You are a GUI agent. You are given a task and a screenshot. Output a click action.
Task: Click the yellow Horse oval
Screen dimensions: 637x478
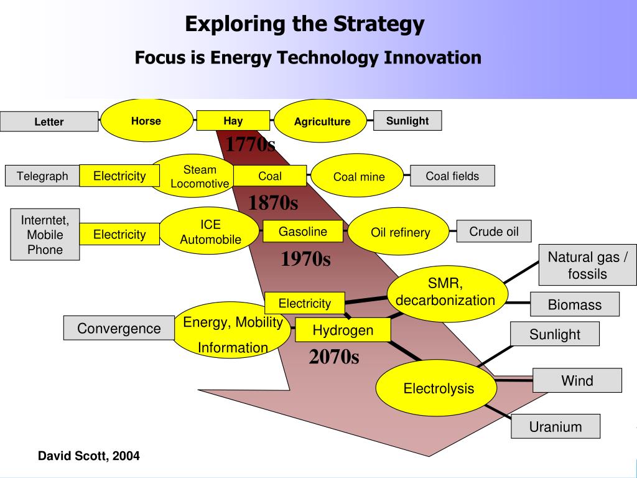click(146, 121)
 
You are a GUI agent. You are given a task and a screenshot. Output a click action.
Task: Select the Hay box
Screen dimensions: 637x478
click(233, 120)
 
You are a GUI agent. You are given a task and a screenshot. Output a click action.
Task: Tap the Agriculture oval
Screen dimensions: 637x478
click(322, 121)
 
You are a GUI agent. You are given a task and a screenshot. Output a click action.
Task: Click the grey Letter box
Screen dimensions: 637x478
click(49, 121)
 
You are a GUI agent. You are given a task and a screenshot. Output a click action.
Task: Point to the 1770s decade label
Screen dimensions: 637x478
click(249, 144)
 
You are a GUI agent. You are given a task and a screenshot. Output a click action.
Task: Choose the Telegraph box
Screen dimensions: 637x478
click(42, 176)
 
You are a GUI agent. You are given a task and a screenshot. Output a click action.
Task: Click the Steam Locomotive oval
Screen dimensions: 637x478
click(199, 176)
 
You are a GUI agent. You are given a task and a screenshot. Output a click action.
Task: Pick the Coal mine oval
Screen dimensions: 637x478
click(359, 177)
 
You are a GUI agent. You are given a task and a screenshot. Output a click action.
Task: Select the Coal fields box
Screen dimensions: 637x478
click(452, 176)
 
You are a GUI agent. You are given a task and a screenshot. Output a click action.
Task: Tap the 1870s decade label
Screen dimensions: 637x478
click(273, 203)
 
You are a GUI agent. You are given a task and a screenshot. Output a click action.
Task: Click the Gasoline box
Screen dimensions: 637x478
click(303, 232)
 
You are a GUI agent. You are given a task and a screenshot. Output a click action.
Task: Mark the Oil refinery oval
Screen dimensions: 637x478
click(400, 232)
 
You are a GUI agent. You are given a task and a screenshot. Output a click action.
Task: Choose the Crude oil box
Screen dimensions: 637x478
click(494, 232)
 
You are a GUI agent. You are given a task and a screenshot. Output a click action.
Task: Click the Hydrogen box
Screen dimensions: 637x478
click(343, 330)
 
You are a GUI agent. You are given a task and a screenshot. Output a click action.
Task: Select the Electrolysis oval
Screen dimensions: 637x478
click(439, 388)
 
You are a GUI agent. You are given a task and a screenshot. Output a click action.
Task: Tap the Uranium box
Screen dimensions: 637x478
click(556, 426)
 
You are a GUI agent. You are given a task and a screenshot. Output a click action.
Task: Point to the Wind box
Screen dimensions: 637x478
click(577, 380)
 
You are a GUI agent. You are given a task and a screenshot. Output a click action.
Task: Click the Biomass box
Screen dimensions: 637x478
click(575, 304)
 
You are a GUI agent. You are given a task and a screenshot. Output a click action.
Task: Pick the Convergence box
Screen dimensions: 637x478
click(119, 328)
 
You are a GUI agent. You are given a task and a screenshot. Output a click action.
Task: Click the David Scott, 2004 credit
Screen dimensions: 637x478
click(89, 456)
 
